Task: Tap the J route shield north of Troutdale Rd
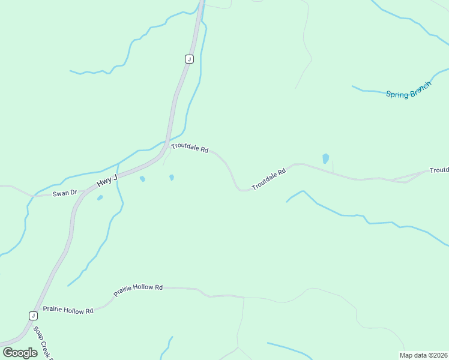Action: coord(189,59)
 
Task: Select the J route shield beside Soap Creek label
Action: coord(33,316)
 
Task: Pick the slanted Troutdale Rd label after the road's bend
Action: coord(268,179)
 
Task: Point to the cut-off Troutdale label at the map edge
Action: coord(439,170)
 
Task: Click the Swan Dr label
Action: coord(65,193)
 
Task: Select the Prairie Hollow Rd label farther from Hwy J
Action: coord(139,288)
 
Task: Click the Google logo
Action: coord(20,352)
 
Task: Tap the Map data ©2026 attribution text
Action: coord(423,355)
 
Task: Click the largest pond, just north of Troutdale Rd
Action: coord(325,158)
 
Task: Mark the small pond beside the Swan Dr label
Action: coord(100,197)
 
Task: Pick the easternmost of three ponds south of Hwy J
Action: coord(172,177)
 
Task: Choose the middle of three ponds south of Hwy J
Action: coord(142,179)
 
